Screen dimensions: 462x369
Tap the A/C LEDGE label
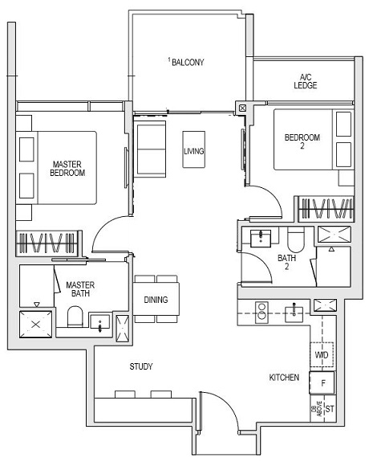point(305,80)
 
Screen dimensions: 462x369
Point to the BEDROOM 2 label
point(302,141)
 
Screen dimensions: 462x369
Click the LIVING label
point(193,150)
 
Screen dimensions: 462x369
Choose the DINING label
point(156,300)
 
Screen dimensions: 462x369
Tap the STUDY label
point(141,366)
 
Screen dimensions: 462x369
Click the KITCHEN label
point(285,377)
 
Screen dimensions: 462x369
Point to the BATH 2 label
point(287,262)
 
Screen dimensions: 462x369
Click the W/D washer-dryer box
point(322,354)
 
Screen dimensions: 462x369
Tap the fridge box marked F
point(322,383)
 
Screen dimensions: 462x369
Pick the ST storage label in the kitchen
point(329,408)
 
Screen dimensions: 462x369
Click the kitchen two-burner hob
point(261,310)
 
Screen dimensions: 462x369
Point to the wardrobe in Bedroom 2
point(325,209)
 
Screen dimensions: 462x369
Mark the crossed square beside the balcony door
point(242,106)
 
